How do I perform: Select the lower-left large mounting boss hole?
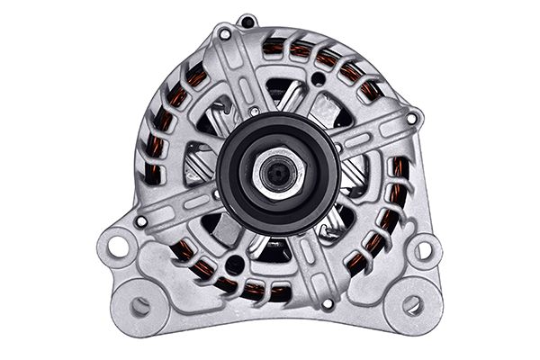tap(139, 305)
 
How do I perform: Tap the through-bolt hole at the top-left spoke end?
tap(224, 34)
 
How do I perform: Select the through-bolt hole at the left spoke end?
tap(140, 221)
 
